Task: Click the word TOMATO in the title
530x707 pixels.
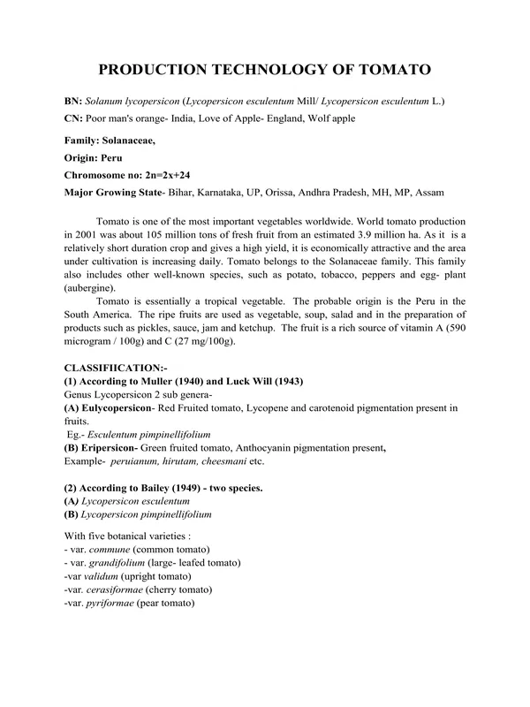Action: (x=389, y=70)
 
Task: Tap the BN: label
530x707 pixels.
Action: (x=76, y=102)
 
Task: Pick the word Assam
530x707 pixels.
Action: (x=428, y=192)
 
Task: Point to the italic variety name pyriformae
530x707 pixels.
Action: (x=115, y=603)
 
